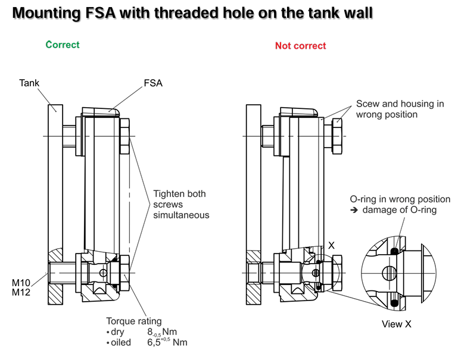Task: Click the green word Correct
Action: [63, 45]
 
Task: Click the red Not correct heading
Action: [300, 46]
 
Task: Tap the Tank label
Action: [29, 83]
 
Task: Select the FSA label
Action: [153, 83]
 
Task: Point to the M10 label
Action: [21, 282]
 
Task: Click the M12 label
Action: [21, 292]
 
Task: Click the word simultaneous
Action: [181, 215]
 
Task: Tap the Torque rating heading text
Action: [134, 321]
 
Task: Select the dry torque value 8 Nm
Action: [162, 332]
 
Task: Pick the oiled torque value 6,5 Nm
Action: [167, 342]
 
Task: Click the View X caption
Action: [397, 324]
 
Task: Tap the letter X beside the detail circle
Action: [331, 246]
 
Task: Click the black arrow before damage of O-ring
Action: [354, 210]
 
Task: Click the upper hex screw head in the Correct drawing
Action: [124, 136]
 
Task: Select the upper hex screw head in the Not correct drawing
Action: [337, 136]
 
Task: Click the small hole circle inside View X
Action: [389, 273]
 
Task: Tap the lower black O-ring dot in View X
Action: [394, 303]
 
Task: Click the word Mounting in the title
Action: [46, 13]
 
